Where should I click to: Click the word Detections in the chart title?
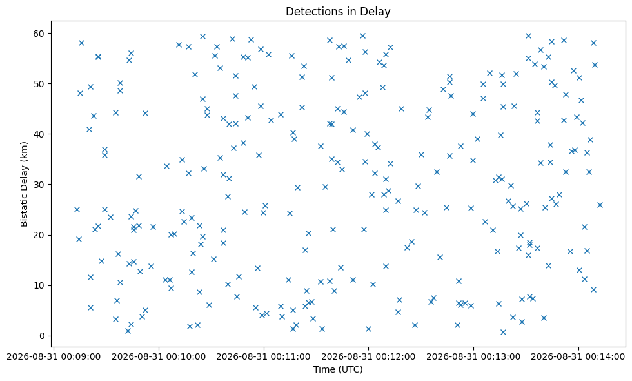tap(310, 12)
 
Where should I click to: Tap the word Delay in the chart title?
tap(378, 12)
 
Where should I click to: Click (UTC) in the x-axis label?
tap(350, 369)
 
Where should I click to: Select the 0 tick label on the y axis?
tap(42, 336)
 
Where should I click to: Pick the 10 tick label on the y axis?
tap(39, 285)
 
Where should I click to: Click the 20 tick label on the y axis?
tap(39, 235)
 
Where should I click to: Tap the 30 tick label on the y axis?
tap(39, 185)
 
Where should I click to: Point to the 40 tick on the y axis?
tap(39, 134)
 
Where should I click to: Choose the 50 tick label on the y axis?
tap(39, 83)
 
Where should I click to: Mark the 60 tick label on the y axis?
tap(39, 33)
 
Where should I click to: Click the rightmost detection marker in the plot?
tap(600, 205)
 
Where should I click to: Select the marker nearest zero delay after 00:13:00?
tap(503, 332)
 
